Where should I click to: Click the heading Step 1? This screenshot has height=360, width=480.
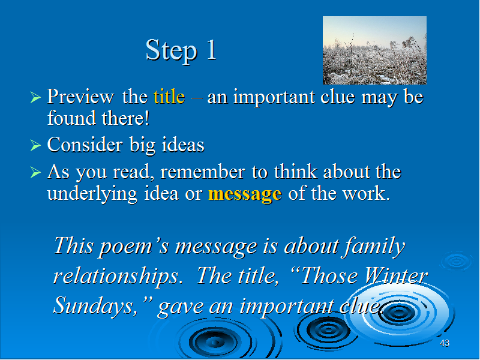coord(181,50)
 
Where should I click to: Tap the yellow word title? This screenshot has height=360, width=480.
coord(169,97)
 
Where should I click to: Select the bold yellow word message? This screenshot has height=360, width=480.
coord(245,194)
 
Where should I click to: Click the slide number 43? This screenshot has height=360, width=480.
coord(445,343)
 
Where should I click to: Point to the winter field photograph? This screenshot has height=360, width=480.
coord(374,50)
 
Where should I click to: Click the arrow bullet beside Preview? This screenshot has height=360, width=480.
coord(35,98)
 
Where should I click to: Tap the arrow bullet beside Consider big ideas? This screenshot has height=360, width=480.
coord(35,145)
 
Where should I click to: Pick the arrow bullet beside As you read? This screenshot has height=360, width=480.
coord(35,172)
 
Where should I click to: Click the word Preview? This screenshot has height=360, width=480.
coord(80,97)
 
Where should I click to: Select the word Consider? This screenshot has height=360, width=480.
coord(85,145)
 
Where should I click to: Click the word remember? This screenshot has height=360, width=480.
coord(203,172)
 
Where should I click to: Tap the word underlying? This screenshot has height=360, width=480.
coord(92,194)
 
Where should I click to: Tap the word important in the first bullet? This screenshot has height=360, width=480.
coord(274,98)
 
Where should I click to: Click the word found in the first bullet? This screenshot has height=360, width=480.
coord(71,118)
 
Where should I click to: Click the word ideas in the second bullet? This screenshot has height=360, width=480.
coord(183,145)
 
